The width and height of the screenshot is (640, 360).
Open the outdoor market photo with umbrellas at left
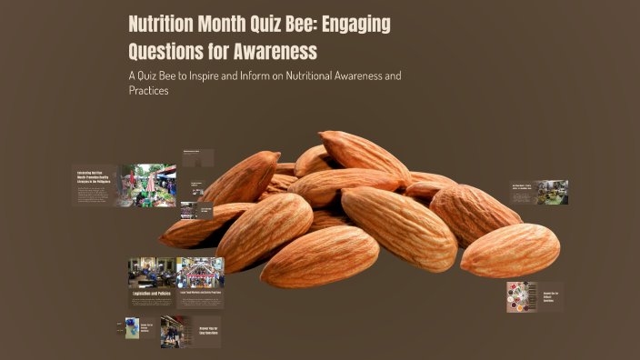click(x=145, y=185)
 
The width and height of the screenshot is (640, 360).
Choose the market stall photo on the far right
click(x=552, y=192)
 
